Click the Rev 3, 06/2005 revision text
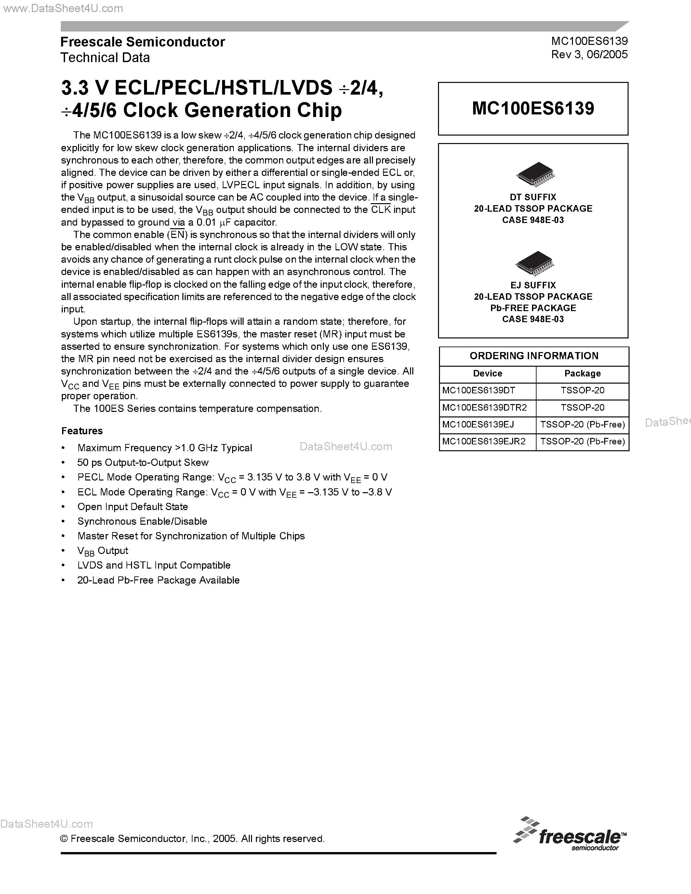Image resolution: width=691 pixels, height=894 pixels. (x=589, y=54)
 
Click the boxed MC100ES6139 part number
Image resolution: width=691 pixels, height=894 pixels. (x=533, y=109)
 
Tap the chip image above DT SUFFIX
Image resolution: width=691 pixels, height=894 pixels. (x=535, y=175)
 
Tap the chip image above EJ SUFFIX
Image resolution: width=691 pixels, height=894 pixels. (x=534, y=263)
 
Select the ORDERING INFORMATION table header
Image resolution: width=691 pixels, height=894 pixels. (x=534, y=356)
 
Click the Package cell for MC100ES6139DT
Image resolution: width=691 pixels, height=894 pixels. (x=582, y=390)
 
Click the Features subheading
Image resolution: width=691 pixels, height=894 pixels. (x=82, y=431)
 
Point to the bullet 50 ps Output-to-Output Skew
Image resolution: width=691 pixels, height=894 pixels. (x=143, y=463)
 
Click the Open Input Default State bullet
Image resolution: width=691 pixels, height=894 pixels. (x=133, y=507)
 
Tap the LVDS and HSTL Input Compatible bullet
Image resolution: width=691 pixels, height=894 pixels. (x=154, y=565)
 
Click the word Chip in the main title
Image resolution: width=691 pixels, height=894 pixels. (x=319, y=110)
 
